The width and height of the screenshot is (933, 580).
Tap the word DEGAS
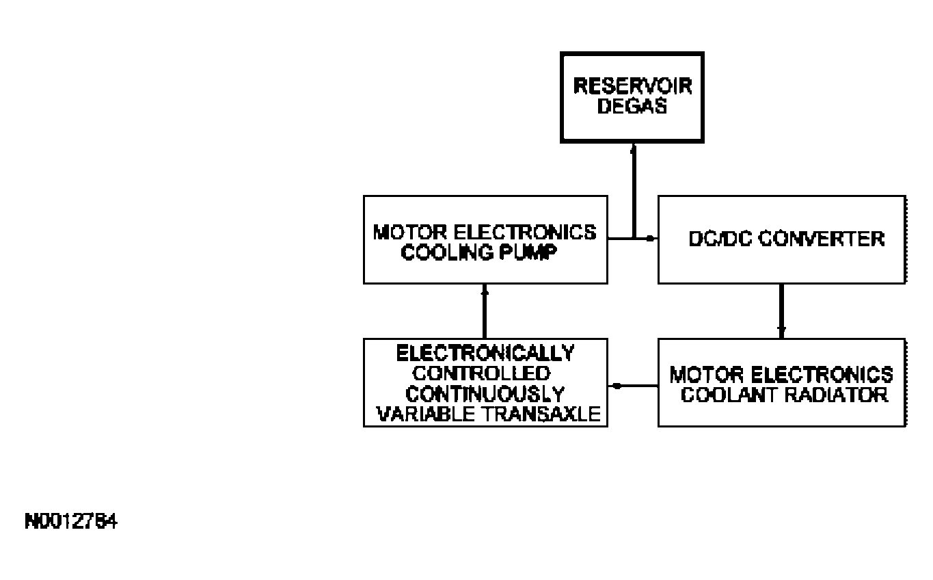[632, 107]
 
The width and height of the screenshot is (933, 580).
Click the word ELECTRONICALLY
[485, 354]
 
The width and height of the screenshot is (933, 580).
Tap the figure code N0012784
[70, 523]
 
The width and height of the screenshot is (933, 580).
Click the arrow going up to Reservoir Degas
[634, 192]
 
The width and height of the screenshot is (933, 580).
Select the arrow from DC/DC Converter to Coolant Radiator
[781, 310]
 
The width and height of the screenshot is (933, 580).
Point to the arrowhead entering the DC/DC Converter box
[651, 239]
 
